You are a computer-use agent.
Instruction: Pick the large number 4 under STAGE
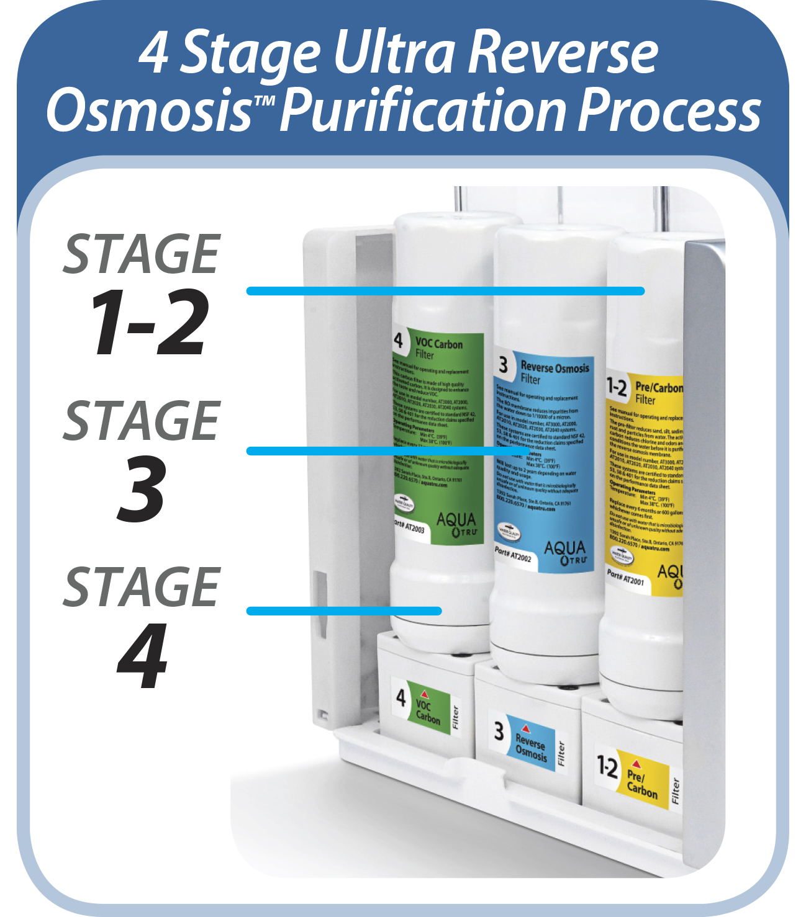[143, 656]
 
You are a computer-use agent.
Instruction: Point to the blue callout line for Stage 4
[344, 611]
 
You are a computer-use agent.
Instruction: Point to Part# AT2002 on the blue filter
[513, 554]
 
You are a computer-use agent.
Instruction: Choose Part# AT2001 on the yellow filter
[626, 578]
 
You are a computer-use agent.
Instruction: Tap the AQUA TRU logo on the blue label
[564, 552]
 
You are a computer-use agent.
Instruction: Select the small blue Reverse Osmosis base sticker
[530, 742]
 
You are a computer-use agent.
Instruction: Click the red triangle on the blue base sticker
[526, 728]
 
